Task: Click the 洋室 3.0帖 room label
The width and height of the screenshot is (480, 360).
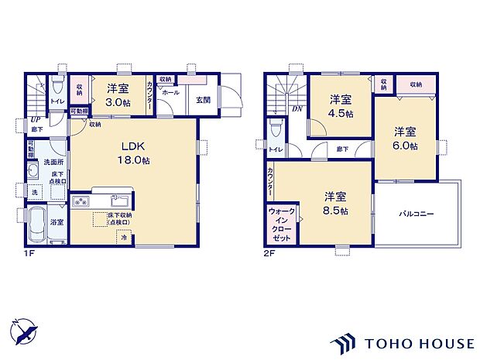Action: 117,95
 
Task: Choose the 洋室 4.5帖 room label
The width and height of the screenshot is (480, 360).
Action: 341,106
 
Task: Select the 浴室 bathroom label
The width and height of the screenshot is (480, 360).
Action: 57,222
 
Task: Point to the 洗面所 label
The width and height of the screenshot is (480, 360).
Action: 53,162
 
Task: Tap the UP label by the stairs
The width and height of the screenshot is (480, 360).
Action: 36,119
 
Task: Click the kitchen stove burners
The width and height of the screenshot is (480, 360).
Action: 82,203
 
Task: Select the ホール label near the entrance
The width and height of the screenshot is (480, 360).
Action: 170,92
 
